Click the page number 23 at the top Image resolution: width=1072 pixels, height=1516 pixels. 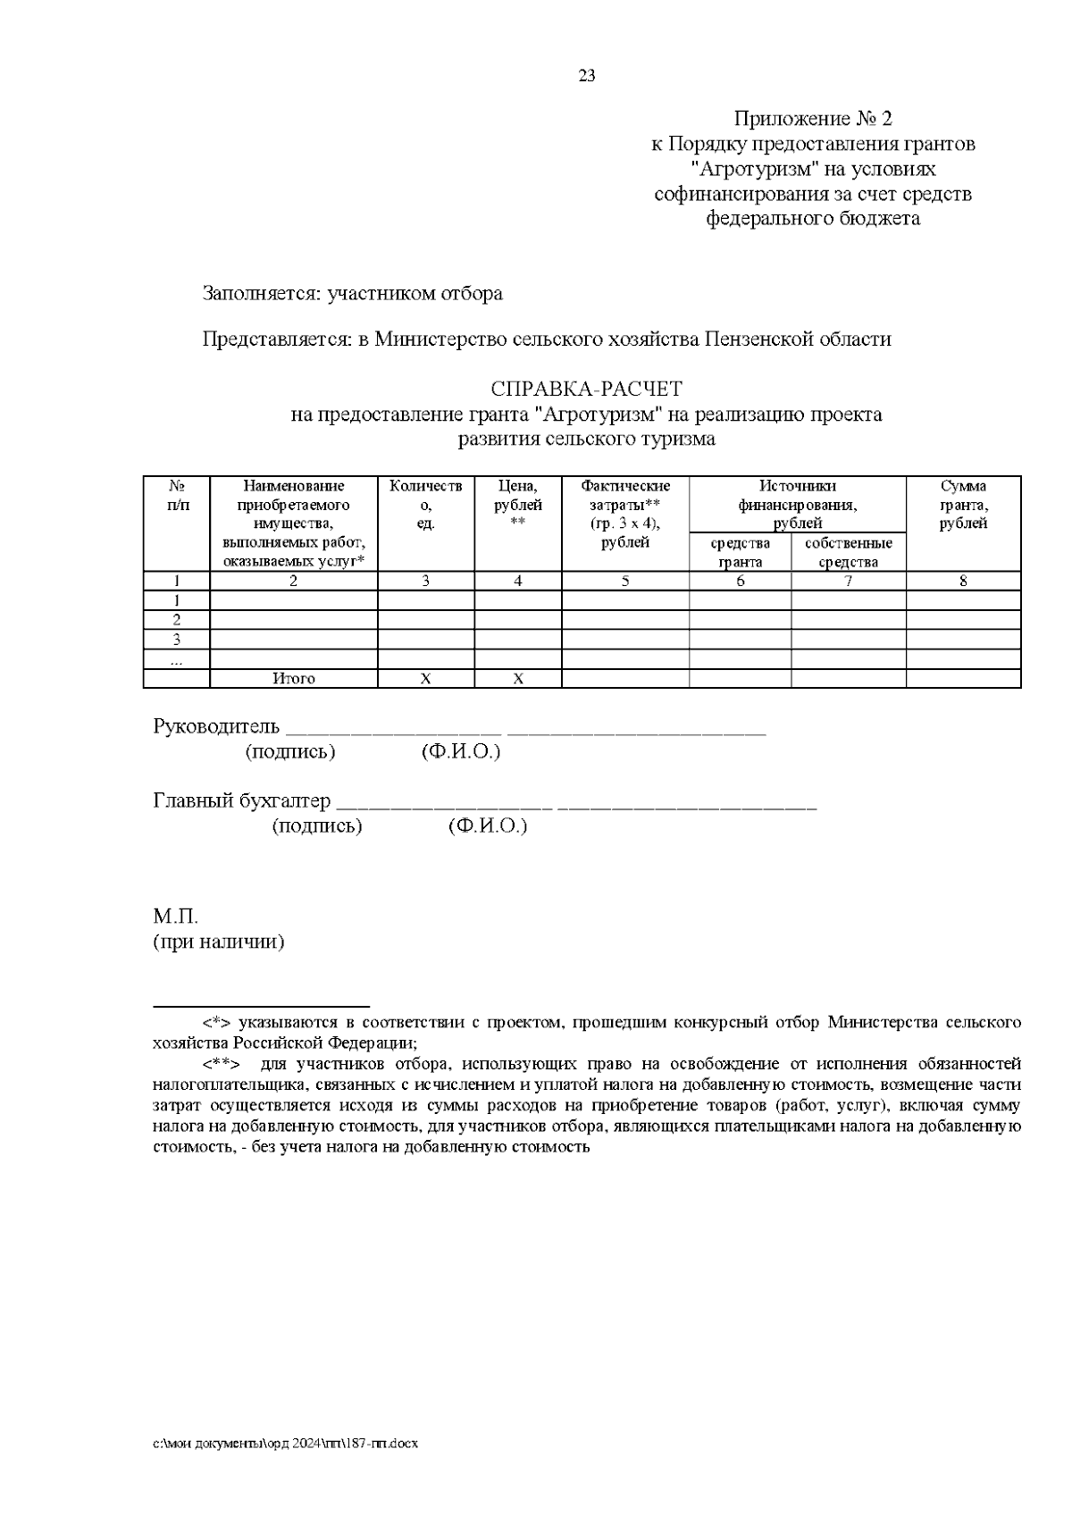point(587,76)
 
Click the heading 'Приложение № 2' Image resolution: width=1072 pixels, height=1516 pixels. point(813,119)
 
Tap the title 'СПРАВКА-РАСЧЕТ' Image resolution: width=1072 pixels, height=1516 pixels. point(586,389)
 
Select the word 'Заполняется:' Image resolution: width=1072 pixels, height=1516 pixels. point(262,294)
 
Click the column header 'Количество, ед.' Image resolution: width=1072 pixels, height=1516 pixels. point(425,505)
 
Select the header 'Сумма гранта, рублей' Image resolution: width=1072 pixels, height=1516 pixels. point(963,505)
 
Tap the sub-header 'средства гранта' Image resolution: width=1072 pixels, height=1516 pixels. point(740,553)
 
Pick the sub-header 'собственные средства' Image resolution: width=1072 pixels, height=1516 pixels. point(848,553)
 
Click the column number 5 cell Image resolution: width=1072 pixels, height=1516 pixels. point(625,582)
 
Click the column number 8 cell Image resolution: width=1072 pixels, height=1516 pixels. point(963,582)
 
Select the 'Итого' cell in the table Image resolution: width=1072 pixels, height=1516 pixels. point(294,679)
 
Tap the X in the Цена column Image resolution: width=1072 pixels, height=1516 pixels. point(517,679)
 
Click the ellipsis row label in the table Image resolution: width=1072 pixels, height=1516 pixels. point(177,660)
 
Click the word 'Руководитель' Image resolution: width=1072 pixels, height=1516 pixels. point(216,726)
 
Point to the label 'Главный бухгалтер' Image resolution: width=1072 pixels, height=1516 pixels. point(242,800)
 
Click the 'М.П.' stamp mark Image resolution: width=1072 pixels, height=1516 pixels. point(174,917)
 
